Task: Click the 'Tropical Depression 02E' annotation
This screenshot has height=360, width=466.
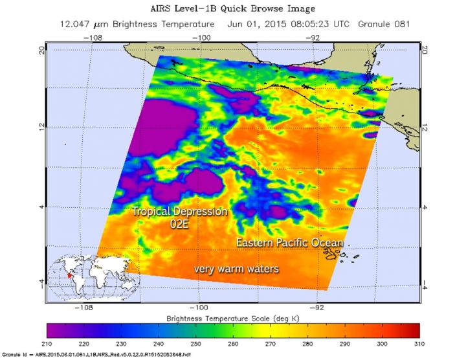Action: (x=180, y=218)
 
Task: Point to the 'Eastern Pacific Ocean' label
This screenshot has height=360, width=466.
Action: (x=289, y=242)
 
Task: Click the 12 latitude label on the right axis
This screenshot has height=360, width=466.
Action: (x=425, y=128)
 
